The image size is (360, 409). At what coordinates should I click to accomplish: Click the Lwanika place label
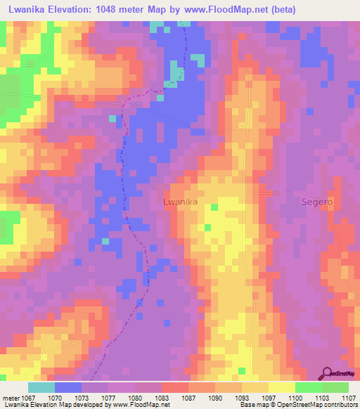(180, 202)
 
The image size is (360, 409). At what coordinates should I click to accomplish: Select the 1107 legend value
(348, 398)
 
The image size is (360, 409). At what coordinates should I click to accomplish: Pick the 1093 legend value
(244, 398)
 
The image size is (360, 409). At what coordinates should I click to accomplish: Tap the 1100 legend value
(296, 398)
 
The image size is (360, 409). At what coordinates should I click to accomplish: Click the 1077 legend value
(110, 398)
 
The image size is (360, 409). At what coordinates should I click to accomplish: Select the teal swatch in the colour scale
(41, 387)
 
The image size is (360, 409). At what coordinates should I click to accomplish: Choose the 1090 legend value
(217, 398)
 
